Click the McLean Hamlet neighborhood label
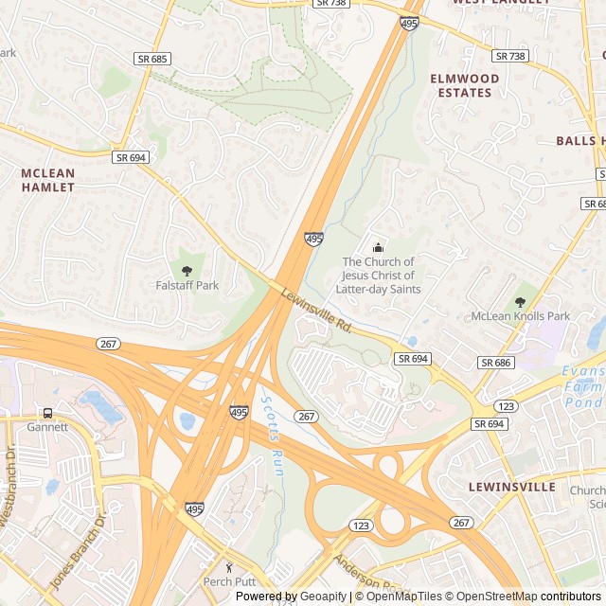(47, 180)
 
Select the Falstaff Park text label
(187, 285)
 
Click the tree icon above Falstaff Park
(186, 271)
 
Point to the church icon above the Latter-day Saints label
(378, 248)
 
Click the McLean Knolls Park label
(521, 316)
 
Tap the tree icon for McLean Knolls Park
(520, 302)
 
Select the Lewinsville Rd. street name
(316, 311)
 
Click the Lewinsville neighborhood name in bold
(511, 487)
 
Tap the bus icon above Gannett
(47, 414)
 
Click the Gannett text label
(47, 427)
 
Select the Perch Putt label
(230, 581)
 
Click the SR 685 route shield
(152, 59)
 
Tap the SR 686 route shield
(495, 363)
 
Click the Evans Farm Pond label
(583, 387)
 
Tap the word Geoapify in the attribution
(323, 597)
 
